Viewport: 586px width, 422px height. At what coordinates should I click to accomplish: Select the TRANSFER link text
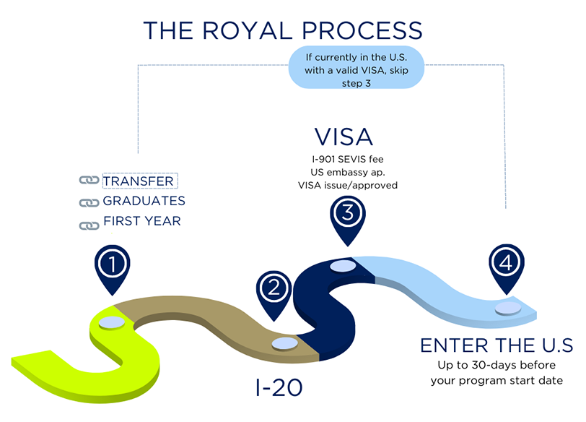[x=139, y=181]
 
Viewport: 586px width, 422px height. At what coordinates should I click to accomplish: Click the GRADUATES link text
[x=144, y=201]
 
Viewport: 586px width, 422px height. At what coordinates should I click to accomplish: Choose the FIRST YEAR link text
[x=141, y=221]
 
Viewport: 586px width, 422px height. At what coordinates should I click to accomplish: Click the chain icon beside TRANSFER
[x=88, y=181]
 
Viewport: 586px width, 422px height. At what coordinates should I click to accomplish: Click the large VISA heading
[x=344, y=137]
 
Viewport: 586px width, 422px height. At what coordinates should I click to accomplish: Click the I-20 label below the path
[x=279, y=387]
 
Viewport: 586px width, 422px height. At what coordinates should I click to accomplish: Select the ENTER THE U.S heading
[x=497, y=345]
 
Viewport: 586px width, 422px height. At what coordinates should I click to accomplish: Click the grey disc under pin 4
[x=508, y=309]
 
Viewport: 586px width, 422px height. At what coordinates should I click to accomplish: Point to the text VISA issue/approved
[x=348, y=185]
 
